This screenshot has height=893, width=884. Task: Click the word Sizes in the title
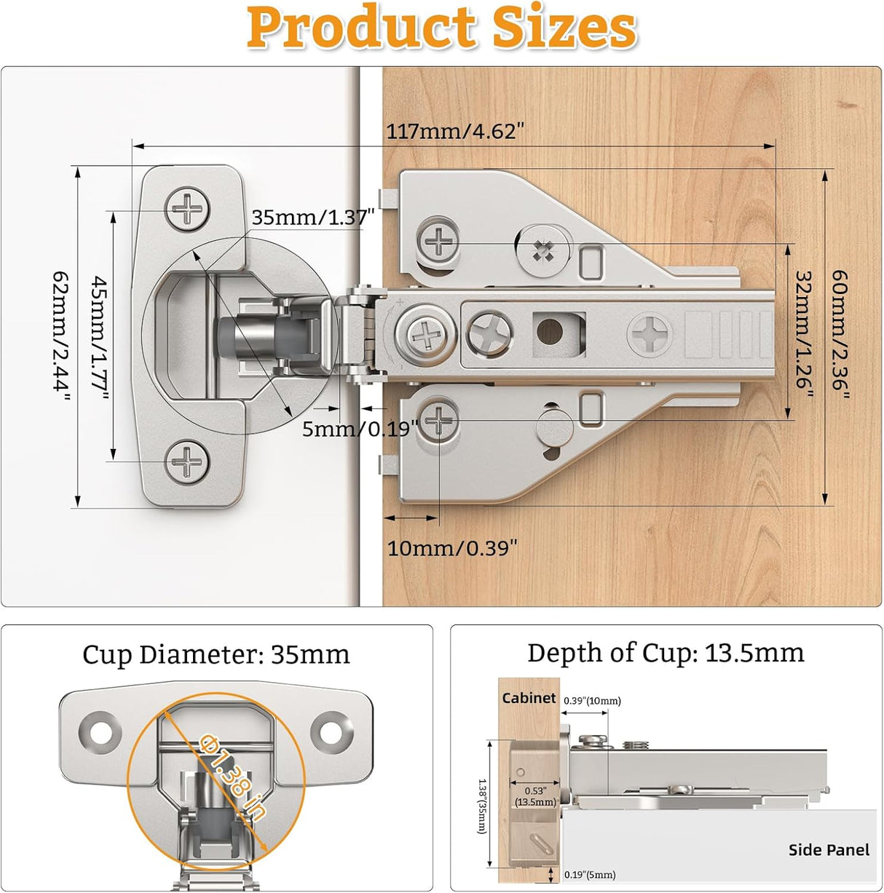[x=564, y=28]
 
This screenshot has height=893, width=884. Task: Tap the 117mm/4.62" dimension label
[x=454, y=132]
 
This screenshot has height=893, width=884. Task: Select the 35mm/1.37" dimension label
[x=312, y=217]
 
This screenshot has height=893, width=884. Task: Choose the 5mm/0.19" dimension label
[x=360, y=429]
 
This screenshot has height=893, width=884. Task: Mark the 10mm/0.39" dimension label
[x=452, y=548]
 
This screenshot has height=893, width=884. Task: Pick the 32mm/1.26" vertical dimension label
[x=803, y=331]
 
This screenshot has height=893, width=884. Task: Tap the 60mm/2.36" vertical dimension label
[x=840, y=334]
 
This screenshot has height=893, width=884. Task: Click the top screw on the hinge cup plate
[x=187, y=210]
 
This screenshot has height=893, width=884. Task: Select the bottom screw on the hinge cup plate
[x=187, y=461]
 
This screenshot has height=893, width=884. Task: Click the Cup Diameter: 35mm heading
[x=216, y=654]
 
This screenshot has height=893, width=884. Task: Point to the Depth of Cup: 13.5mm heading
[x=666, y=653]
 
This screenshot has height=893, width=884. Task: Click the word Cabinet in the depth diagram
[x=529, y=698]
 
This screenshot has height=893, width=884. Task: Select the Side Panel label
[x=829, y=850]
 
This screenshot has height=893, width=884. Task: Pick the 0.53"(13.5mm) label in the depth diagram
[x=535, y=796]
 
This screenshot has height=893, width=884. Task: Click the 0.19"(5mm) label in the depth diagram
[x=590, y=875]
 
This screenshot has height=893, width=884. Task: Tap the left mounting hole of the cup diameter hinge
[x=100, y=731]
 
